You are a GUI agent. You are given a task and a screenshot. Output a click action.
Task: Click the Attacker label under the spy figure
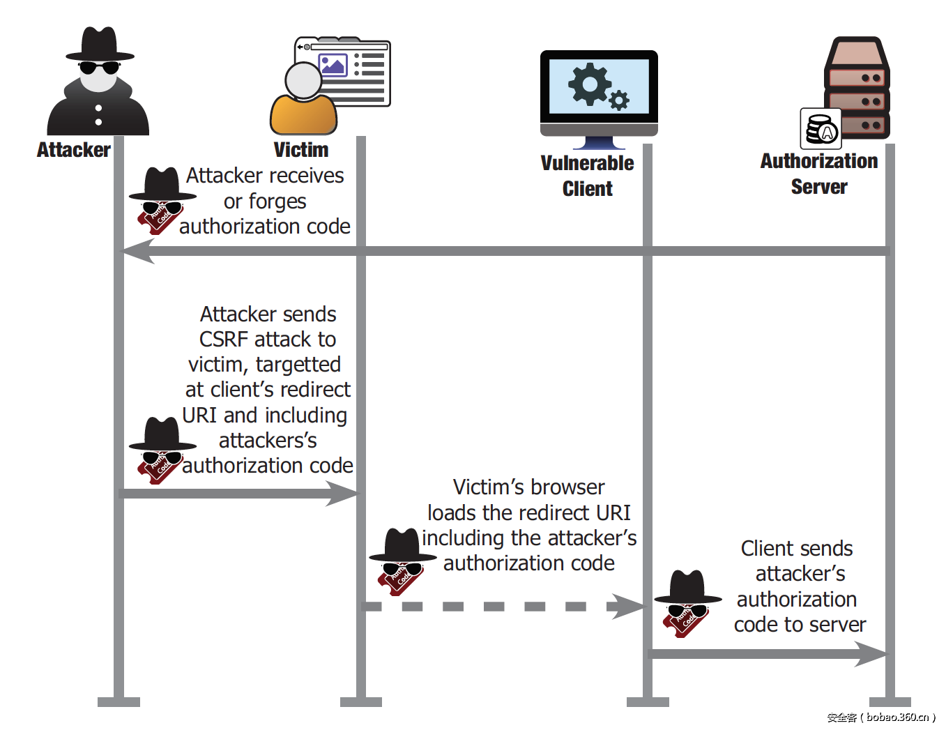[x=73, y=150]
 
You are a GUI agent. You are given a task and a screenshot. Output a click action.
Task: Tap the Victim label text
[x=300, y=150]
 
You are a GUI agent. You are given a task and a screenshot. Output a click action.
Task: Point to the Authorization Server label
[x=818, y=174]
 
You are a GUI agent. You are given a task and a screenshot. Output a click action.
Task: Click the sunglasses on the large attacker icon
[x=98, y=68]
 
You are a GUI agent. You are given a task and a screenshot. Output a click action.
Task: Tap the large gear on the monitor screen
[x=589, y=84]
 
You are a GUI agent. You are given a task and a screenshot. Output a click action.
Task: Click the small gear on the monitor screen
[x=619, y=100]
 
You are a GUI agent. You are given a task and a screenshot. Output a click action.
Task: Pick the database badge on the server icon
[x=821, y=129]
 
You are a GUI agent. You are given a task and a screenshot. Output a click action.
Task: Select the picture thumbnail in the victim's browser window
[x=333, y=65]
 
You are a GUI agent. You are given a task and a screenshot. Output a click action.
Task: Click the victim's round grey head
[x=304, y=81]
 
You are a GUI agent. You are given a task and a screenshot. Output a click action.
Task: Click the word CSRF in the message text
[x=224, y=340]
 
